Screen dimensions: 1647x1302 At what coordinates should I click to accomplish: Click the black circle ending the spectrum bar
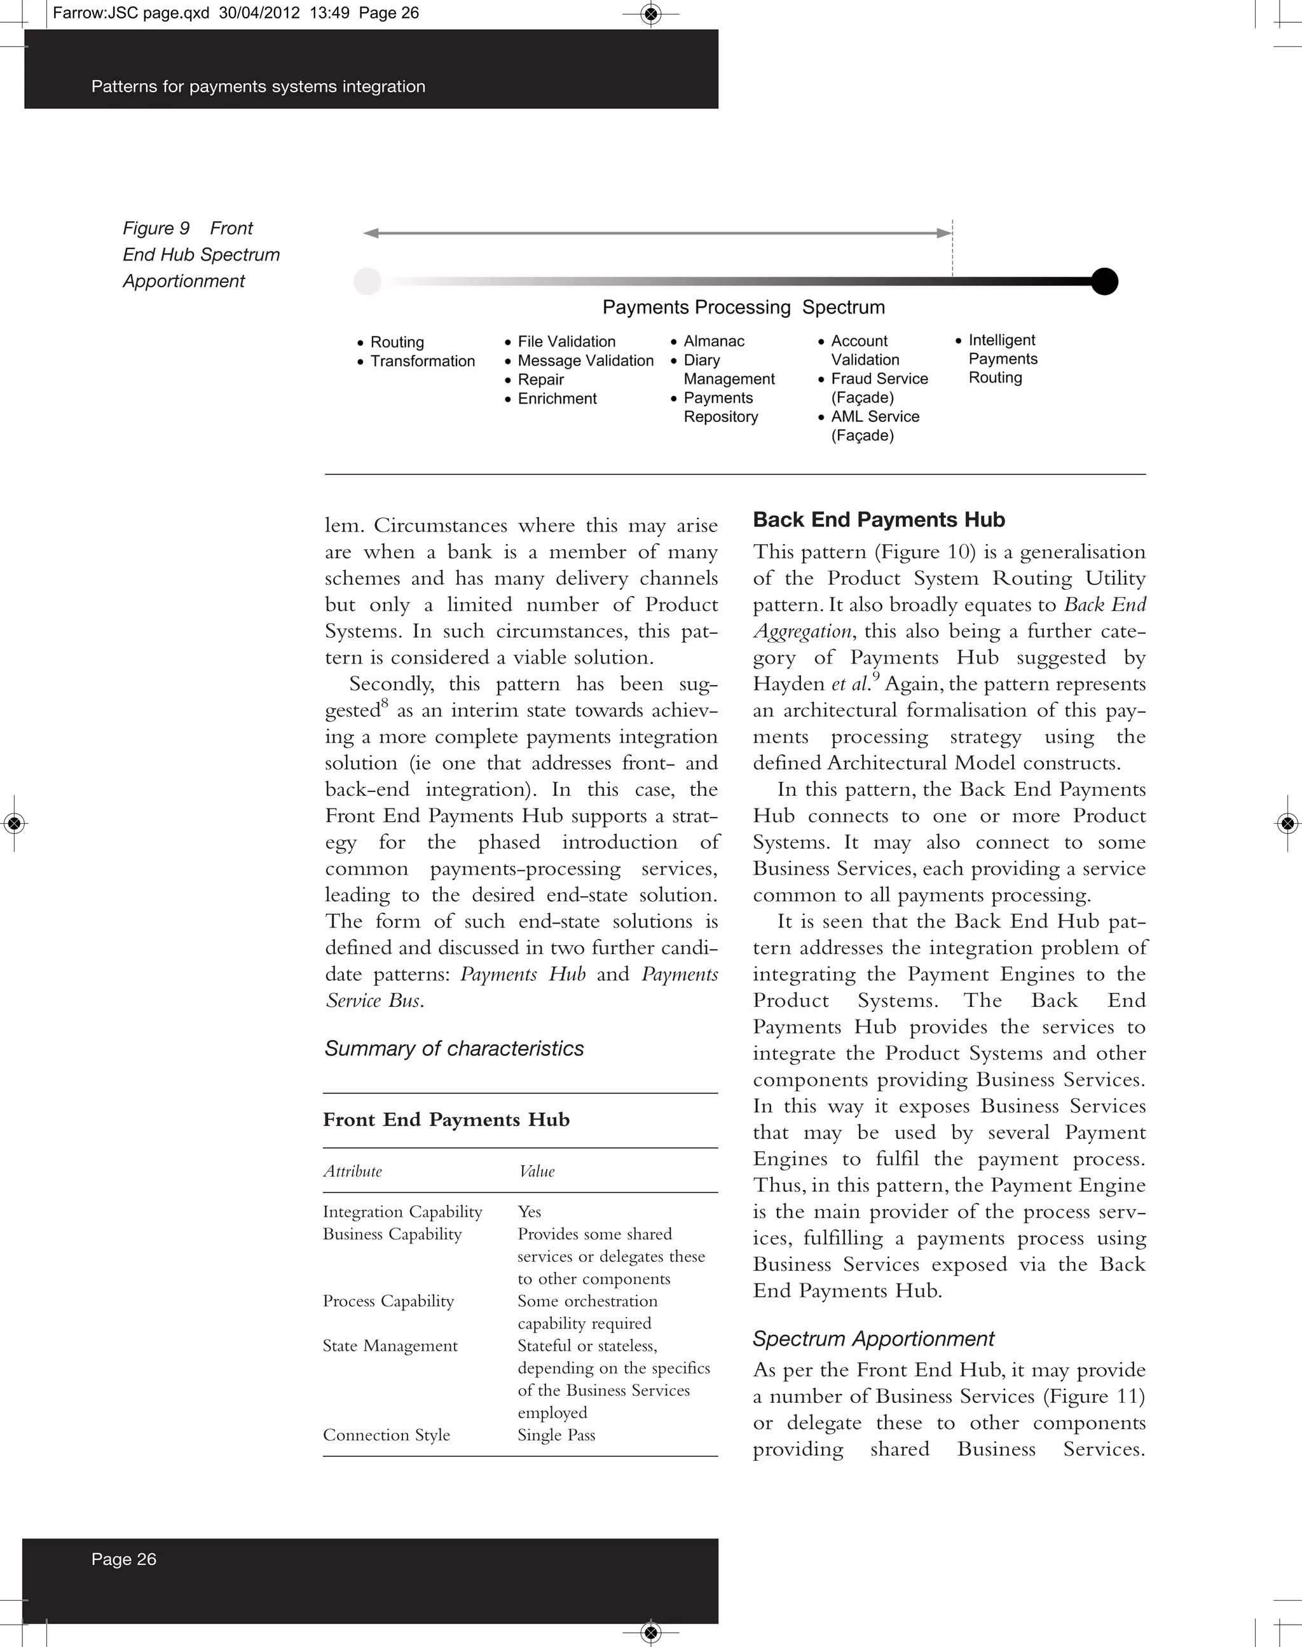tap(1104, 281)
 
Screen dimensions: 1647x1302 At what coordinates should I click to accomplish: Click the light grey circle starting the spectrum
tap(367, 281)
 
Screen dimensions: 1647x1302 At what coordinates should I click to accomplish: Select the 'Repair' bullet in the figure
tap(540, 379)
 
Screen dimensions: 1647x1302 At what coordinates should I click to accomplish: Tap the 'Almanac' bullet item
tap(713, 341)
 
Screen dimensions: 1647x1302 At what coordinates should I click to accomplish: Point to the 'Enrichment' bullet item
tap(558, 399)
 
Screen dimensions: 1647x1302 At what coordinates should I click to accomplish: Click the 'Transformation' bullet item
tap(422, 361)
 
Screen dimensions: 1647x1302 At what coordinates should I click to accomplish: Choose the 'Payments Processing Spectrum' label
tap(743, 307)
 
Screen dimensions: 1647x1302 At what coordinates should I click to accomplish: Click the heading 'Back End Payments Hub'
tap(878, 520)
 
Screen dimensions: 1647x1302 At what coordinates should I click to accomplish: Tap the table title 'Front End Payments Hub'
tap(446, 1119)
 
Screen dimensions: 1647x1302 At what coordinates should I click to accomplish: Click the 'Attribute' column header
tap(352, 1172)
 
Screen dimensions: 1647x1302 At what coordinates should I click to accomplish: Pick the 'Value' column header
tap(537, 1172)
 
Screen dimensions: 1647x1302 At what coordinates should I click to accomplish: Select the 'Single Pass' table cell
tap(556, 1435)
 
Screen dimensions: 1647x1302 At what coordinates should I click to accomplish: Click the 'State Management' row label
tap(390, 1346)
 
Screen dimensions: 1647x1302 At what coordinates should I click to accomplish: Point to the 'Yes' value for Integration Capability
tap(529, 1212)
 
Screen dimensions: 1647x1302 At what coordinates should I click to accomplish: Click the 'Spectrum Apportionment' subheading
tap(873, 1339)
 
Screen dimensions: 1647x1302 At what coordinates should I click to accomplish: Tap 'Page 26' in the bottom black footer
tap(123, 1559)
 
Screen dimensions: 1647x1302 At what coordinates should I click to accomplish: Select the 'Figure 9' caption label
tap(156, 229)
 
